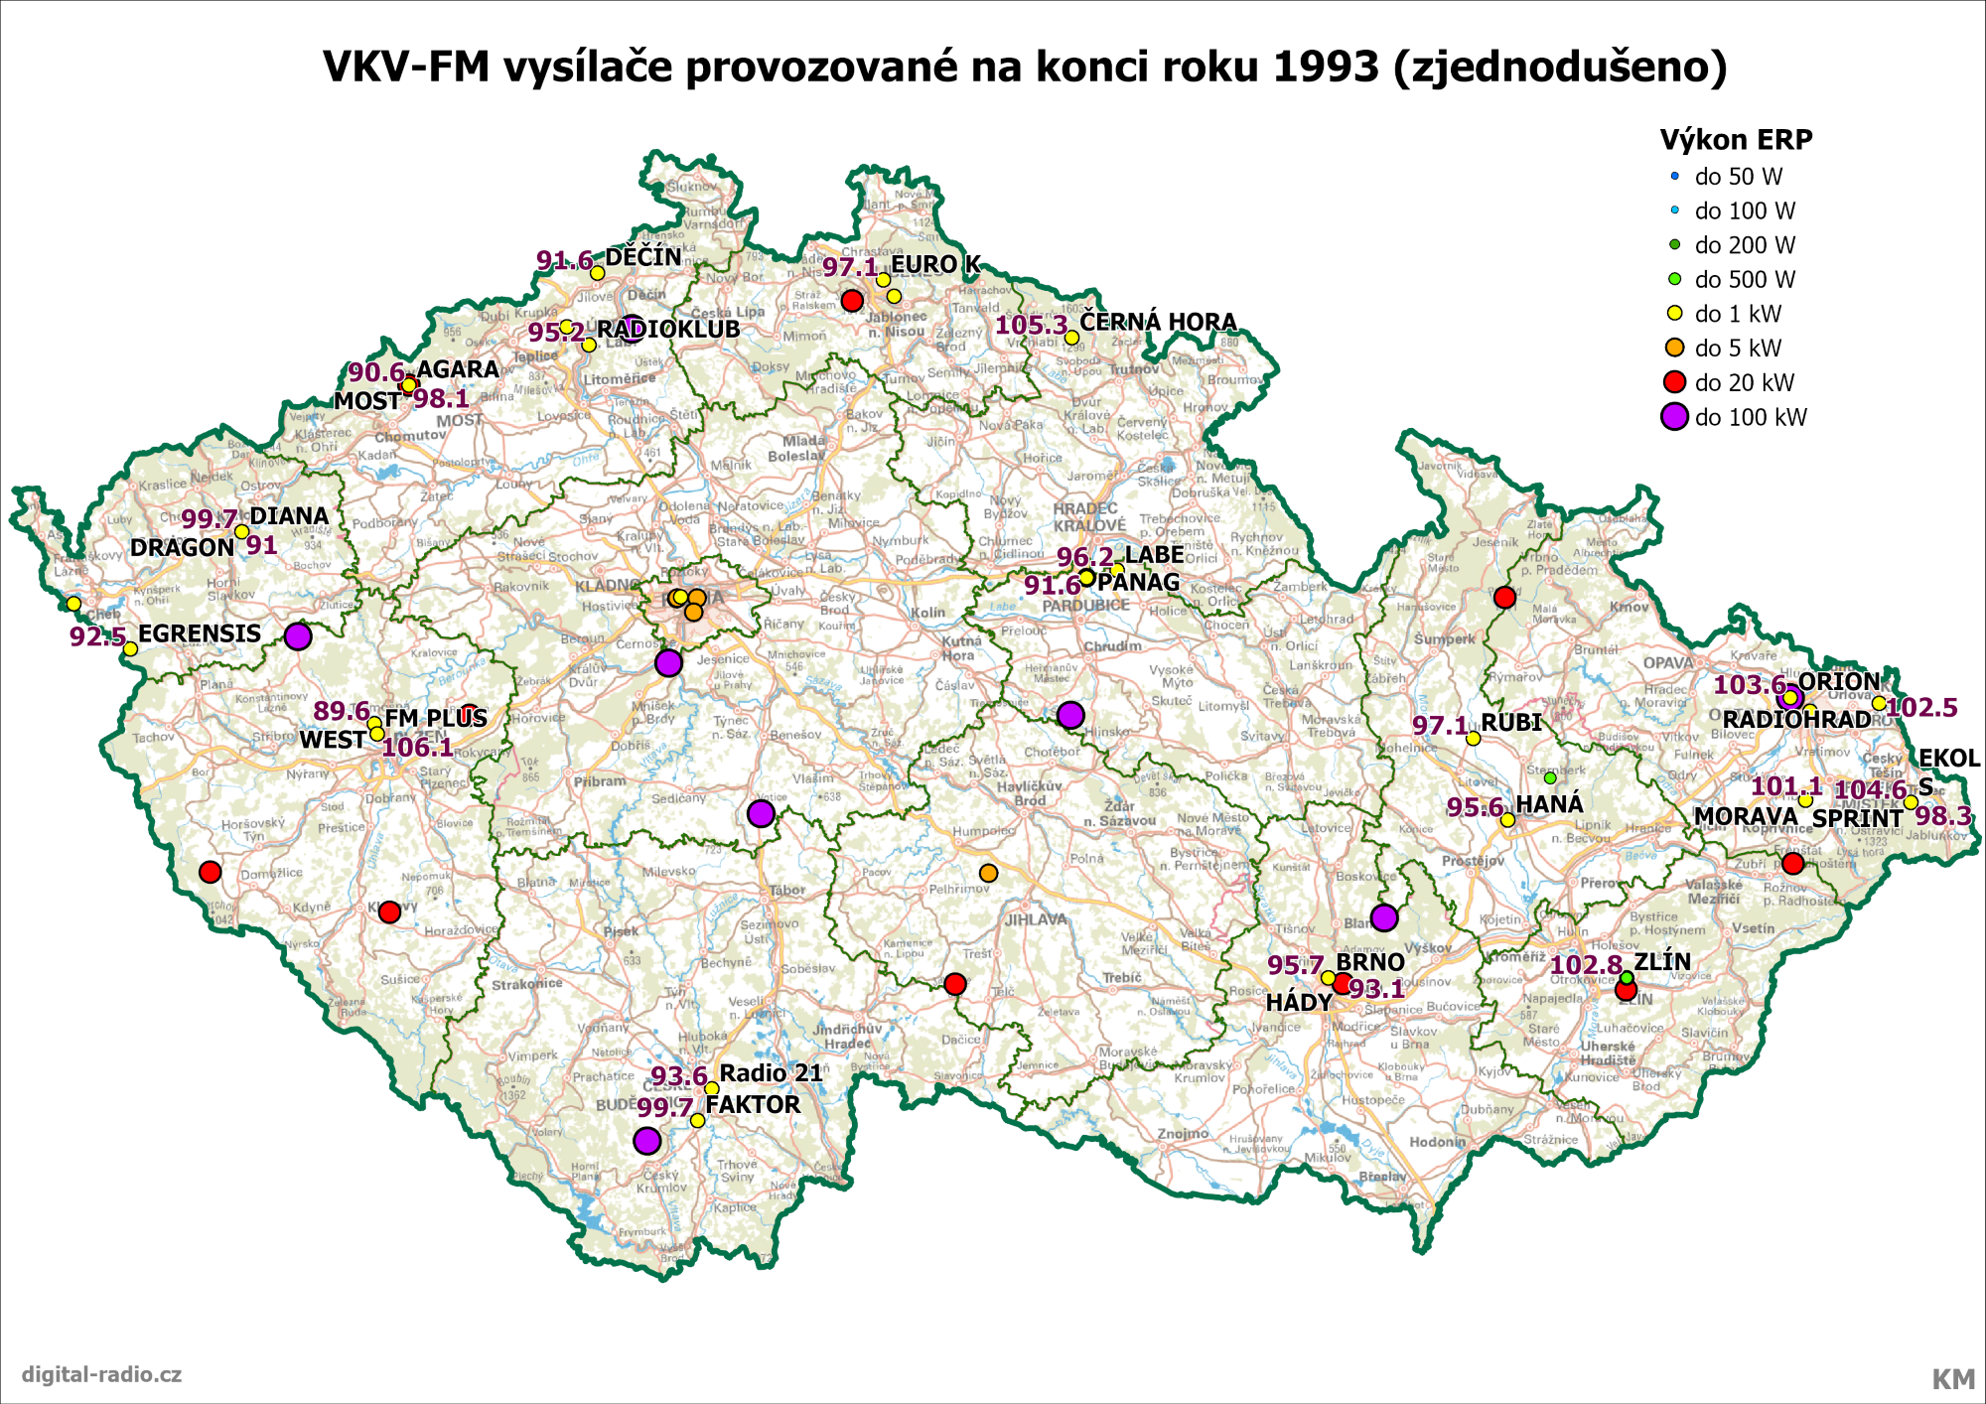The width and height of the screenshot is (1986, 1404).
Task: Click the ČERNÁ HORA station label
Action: pos(1158,322)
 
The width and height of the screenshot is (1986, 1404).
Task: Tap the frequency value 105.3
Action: pos(1031,325)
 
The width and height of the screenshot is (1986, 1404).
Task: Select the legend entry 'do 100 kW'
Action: pos(1751,418)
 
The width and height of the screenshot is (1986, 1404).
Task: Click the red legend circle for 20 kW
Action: pos(1675,382)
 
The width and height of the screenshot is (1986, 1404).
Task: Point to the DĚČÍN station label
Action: pos(643,257)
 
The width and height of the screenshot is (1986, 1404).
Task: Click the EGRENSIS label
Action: pos(200,633)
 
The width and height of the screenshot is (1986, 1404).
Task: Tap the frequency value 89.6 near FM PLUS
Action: pos(341,711)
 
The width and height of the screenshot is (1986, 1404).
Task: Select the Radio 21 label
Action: pos(771,1073)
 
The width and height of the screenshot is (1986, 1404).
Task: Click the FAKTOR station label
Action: pos(753,1105)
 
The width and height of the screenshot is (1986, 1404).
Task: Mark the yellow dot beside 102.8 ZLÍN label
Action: pos(1627,978)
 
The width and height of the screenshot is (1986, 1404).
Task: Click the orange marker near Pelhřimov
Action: pos(988,873)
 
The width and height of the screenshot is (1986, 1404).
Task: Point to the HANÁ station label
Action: pos(1549,804)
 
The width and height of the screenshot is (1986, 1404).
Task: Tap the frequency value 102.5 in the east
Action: pos(1921,708)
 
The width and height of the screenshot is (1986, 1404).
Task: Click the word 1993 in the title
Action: pos(1325,67)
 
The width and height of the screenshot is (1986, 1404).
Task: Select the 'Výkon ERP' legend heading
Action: pos(1736,140)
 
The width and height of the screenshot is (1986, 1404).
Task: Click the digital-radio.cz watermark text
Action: pos(101,1374)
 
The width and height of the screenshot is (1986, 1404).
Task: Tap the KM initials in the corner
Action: pos(1952,1379)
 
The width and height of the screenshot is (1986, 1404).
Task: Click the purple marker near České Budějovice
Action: pos(646,1141)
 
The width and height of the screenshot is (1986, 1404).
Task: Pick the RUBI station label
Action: pos(1511,723)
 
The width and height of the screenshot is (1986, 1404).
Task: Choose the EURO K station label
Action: pos(935,264)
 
